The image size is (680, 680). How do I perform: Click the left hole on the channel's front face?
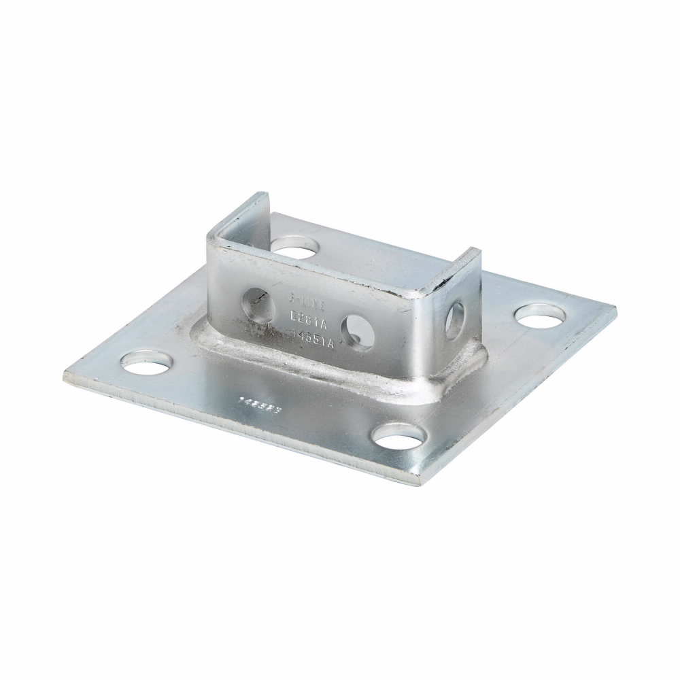click(253, 300)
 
